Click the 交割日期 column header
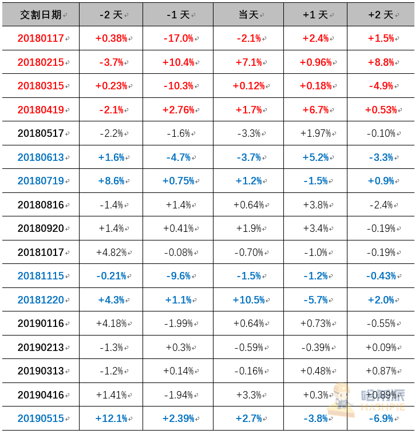(41, 15)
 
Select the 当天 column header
(248, 15)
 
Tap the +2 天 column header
(381, 15)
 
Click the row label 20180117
(41, 38)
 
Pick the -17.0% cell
(178, 38)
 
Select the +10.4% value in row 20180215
(178, 62)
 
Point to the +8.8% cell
(381, 62)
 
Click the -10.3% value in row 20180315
(178, 86)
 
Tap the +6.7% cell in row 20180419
(315, 110)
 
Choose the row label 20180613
(41, 157)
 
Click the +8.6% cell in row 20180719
(111, 181)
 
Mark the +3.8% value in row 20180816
(315, 205)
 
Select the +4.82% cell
(111, 252)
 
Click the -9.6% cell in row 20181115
(178, 276)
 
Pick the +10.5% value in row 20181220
(248, 300)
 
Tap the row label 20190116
(41, 323)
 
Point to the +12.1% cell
(111, 419)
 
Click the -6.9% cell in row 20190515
(381, 419)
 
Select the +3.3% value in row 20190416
(248, 394)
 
